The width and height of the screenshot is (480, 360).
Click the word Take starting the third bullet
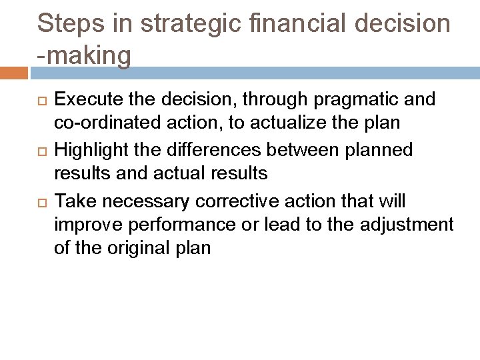73,201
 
